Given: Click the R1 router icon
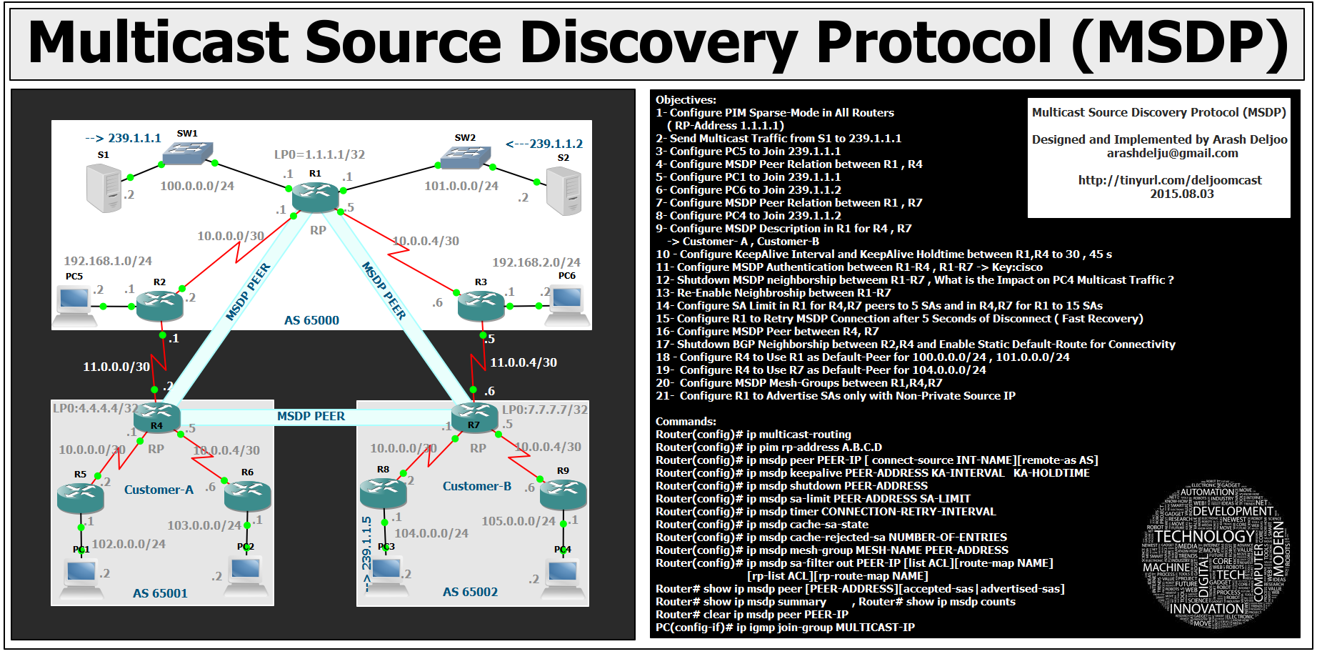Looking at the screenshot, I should (x=315, y=197).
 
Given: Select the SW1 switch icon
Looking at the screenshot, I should (x=187, y=153).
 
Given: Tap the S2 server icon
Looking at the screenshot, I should (x=564, y=190).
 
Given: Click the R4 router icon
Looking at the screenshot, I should (x=157, y=416).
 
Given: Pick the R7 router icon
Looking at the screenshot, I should (x=474, y=416).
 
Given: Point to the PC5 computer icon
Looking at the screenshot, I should (x=75, y=304).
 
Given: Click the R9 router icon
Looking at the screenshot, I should (x=563, y=494).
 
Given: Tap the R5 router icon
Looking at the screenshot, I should (x=81, y=497).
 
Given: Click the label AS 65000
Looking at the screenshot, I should (x=311, y=320).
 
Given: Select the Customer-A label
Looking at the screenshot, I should (x=159, y=490).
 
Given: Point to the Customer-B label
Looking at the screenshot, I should (x=477, y=486).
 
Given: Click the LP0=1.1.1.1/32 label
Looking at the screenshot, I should (x=319, y=154).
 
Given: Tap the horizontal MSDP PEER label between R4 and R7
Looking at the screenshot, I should (x=311, y=416).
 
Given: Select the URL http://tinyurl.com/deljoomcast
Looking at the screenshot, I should (x=1170, y=180).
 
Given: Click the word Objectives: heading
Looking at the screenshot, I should (x=686, y=100).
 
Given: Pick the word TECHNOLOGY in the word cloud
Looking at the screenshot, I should (x=1204, y=536).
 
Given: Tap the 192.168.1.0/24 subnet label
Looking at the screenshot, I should (x=108, y=261).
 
